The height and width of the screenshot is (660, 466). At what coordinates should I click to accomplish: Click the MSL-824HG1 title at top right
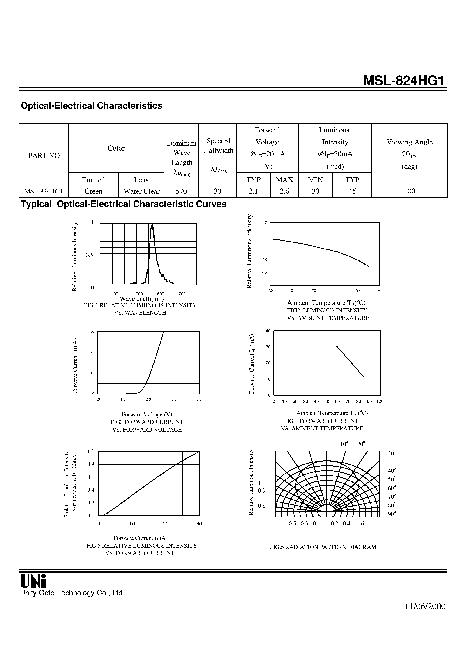pos(405,81)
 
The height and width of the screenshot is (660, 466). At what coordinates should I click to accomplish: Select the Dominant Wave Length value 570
pos(181,191)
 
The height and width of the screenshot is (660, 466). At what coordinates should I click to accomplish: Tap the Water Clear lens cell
pos(141,191)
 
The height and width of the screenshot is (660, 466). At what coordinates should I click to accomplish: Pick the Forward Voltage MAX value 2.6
pos(284,191)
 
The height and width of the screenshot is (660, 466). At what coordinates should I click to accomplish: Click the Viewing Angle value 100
pos(409,191)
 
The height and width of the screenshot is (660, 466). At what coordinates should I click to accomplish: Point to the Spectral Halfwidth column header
pos(218,146)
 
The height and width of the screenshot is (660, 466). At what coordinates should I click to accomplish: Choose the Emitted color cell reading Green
pos(93,191)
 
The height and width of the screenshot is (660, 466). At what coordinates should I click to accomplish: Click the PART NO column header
pos(44,156)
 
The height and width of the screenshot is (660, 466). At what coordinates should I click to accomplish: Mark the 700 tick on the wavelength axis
pos(182,293)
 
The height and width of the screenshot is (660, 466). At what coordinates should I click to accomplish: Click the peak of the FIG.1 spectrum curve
pos(152,224)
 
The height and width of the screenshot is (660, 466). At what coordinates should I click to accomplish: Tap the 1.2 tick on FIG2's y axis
pos(265,223)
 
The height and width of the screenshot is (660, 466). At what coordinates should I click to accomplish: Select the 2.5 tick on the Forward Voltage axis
pos(174,399)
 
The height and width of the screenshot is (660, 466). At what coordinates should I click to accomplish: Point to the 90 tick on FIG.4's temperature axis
pos(369,402)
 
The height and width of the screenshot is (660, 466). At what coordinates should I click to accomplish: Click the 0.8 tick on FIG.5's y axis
pos(91,464)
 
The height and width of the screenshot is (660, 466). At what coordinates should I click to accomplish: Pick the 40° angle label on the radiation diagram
pos(392,471)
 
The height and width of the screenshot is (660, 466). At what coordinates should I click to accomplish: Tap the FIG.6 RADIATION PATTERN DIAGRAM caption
pos(323,547)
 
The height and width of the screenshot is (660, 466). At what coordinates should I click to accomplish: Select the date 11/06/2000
pos(425,606)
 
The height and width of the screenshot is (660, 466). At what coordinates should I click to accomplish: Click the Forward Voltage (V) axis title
pos(147,414)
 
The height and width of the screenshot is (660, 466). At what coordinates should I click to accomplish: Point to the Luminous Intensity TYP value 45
pos(352,191)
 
